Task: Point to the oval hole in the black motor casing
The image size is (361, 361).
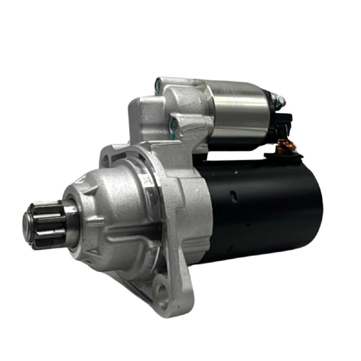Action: pos(234,197)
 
